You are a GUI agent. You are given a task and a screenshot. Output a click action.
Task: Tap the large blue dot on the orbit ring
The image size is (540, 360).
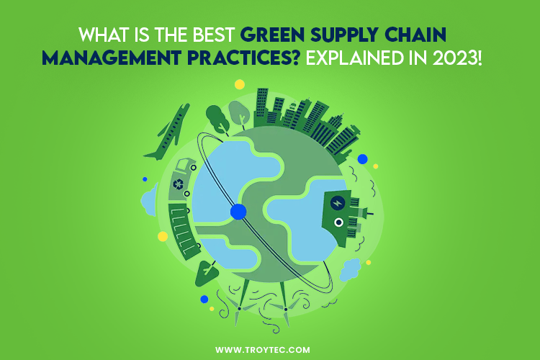pyautogui.click(x=238, y=212)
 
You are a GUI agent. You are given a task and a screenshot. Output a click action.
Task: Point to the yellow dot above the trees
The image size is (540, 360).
pyautogui.click(x=240, y=84)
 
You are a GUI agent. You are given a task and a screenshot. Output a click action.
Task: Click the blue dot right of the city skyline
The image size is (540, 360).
pyautogui.click(x=363, y=159)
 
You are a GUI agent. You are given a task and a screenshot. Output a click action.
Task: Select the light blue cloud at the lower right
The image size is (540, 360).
pyautogui.click(x=350, y=269)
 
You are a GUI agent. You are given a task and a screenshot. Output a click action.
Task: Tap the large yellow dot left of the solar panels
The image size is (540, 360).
pyautogui.click(x=163, y=236)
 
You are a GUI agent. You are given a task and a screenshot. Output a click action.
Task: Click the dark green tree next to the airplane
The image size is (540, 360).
pyautogui.click(x=216, y=115)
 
